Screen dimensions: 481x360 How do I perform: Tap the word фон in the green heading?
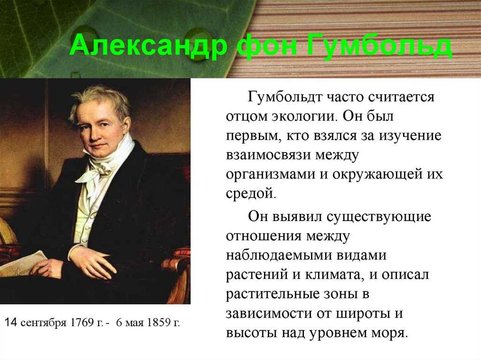(x=267, y=46)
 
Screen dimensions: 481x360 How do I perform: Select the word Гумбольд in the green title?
(x=379, y=46)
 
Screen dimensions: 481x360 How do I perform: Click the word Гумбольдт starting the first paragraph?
(x=285, y=97)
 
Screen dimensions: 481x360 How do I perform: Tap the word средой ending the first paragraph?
(x=251, y=193)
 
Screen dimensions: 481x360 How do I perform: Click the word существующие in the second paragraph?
(x=379, y=217)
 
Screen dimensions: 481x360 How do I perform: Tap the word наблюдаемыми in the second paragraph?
(x=279, y=255)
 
